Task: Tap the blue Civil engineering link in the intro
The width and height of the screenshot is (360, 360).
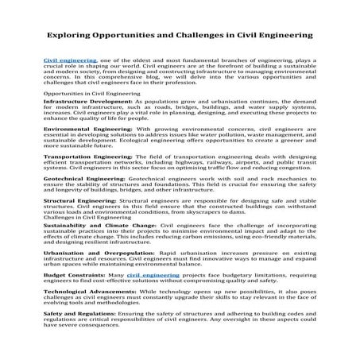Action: tap(70, 61)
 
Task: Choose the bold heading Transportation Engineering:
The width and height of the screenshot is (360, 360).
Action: tap(93, 158)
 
